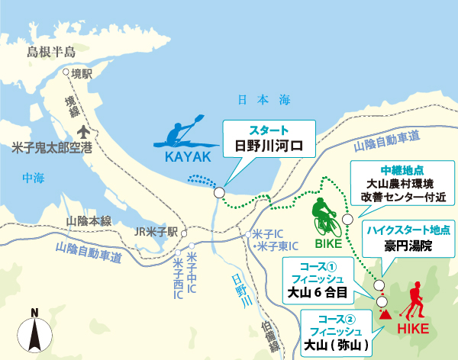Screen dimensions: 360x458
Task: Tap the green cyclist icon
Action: click(325, 218)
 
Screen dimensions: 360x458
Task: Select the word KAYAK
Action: click(186, 157)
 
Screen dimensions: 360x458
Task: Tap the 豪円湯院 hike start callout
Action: click(408, 239)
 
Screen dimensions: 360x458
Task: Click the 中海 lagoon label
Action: click(34, 179)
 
